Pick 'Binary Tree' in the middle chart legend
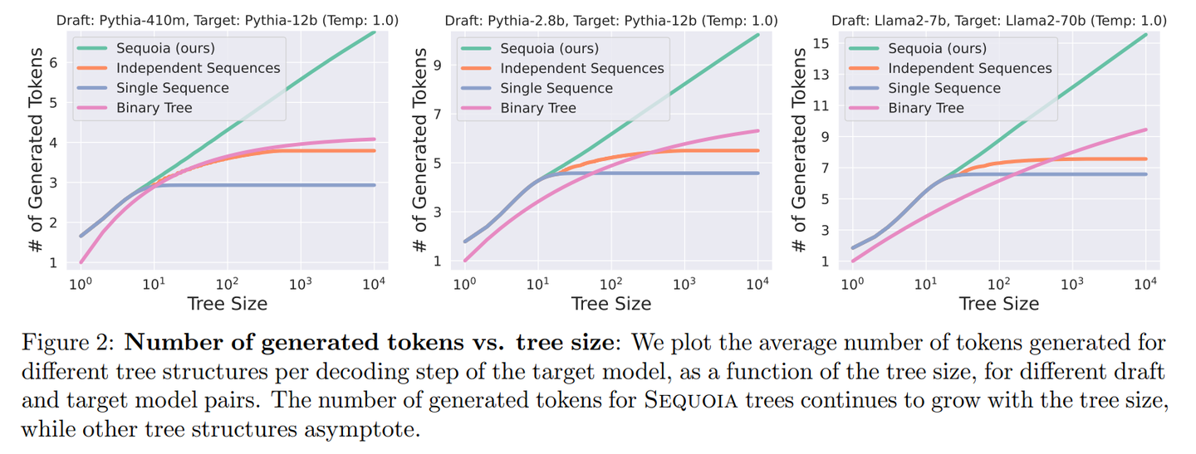[537, 108]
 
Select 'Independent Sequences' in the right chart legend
[970, 69]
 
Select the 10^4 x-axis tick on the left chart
[374, 286]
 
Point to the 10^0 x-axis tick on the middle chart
[465, 286]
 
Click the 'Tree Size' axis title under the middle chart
[610, 304]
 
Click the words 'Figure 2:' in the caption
[61, 343]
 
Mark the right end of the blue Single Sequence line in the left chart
[375, 185]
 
